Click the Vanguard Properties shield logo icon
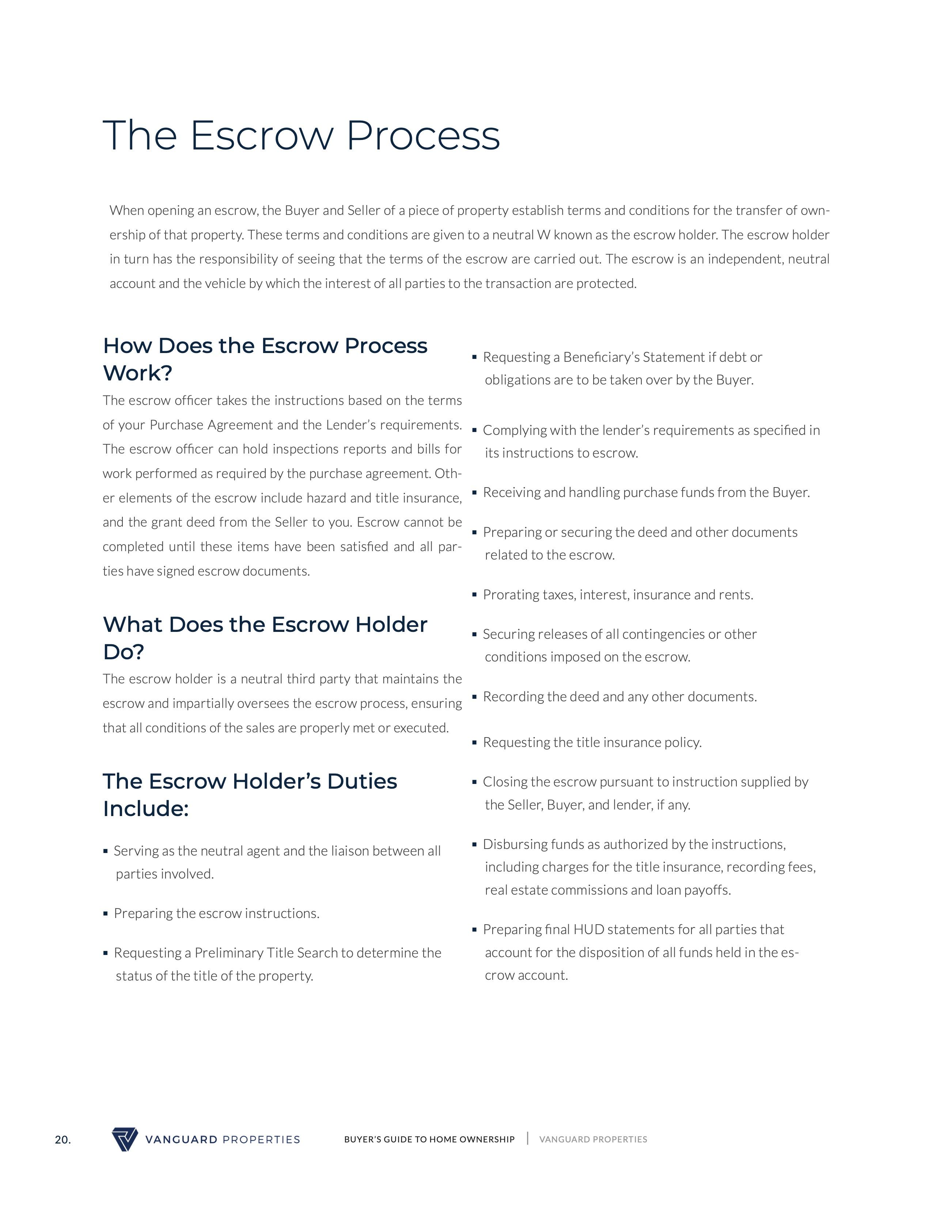click(x=125, y=1139)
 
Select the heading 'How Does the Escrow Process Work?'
click(x=265, y=359)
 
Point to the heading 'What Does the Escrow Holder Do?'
click(x=265, y=638)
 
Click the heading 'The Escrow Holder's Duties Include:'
click(x=250, y=794)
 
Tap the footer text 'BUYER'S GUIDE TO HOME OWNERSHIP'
click(x=429, y=1139)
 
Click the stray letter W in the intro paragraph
click(x=543, y=235)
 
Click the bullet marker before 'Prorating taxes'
click(x=474, y=594)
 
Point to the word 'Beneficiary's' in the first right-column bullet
click(x=601, y=357)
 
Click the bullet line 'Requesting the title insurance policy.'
click(x=592, y=742)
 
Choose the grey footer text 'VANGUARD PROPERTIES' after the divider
click(x=593, y=1139)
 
